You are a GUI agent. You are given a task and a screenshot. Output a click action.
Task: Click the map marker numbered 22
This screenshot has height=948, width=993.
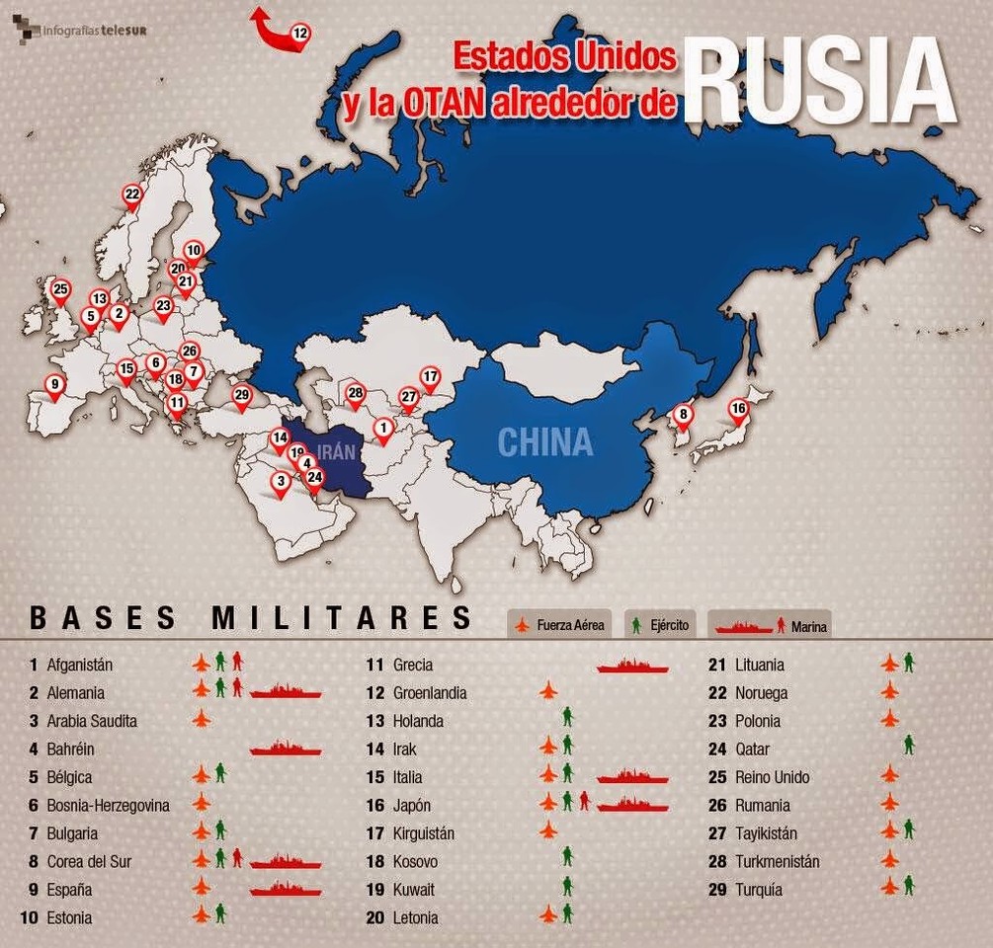coord(132,196)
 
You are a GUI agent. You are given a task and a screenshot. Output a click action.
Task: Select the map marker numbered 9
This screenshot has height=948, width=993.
coord(55,386)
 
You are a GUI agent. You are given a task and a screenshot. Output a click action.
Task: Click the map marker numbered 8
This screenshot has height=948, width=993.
coord(682,416)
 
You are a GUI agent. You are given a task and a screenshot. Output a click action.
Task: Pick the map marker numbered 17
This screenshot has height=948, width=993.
coord(430,377)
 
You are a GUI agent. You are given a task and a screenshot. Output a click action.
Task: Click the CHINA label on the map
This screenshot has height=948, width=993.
coord(544,441)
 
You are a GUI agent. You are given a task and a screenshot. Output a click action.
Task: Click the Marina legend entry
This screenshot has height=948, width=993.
coord(770,626)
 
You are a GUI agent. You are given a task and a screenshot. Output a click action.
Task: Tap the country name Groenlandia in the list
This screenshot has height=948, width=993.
coord(430,693)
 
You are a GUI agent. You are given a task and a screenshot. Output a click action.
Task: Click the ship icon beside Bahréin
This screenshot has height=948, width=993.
coord(286,750)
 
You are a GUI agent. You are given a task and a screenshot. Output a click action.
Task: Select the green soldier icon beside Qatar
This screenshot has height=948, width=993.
coord(909,747)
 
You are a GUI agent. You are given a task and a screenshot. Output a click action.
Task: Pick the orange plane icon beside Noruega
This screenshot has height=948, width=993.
coord(889,692)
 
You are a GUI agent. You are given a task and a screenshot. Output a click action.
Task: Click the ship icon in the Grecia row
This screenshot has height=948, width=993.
coord(632,667)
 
